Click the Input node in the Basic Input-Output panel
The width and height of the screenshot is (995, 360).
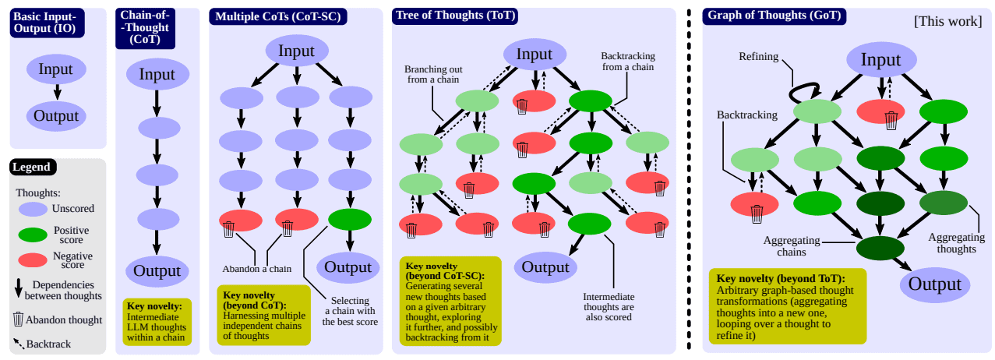point(55,69)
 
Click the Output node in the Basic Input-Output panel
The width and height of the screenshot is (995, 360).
point(55,116)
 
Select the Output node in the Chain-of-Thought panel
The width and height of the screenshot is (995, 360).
point(157,271)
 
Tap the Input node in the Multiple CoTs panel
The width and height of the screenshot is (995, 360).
point(296,51)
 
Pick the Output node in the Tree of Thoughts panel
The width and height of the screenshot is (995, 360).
point(545,266)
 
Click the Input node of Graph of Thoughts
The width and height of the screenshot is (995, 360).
point(880,60)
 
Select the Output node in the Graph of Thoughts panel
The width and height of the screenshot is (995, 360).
point(935,284)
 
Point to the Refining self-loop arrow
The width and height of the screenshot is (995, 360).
point(803,93)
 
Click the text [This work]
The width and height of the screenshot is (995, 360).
point(947,21)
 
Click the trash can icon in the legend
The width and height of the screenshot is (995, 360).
point(18,319)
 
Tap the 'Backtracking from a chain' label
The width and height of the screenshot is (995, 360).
point(628,62)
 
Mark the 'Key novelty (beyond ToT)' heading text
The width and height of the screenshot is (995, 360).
point(780,278)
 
